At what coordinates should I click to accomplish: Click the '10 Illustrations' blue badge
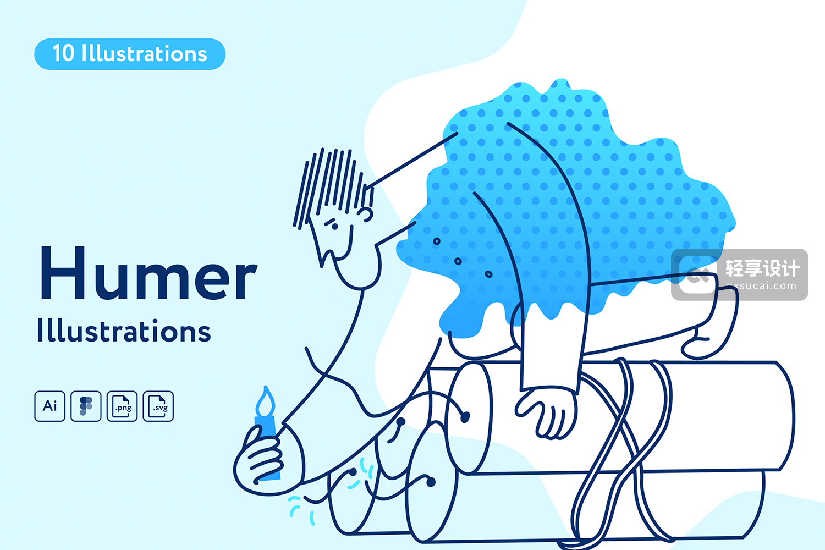click(x=130, y=54)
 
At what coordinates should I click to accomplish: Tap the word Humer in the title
click(x=148, y=273)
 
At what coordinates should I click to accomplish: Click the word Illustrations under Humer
click(x=124, y=331)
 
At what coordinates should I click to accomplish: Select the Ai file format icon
click(x=50, y=406)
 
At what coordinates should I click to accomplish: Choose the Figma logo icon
click(x=86, y=406)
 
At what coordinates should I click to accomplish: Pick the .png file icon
click(x=122, y=406)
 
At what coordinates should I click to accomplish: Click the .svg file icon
click(x=158, y=406)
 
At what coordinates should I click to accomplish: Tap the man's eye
click(x=334, y=227)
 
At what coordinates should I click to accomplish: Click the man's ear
click(x=366, y=214)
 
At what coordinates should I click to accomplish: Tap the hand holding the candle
click(x=265, y=460)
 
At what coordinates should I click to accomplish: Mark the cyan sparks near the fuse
click(x=332, y=490)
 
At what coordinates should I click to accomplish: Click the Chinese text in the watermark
click(x=762, y=268)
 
